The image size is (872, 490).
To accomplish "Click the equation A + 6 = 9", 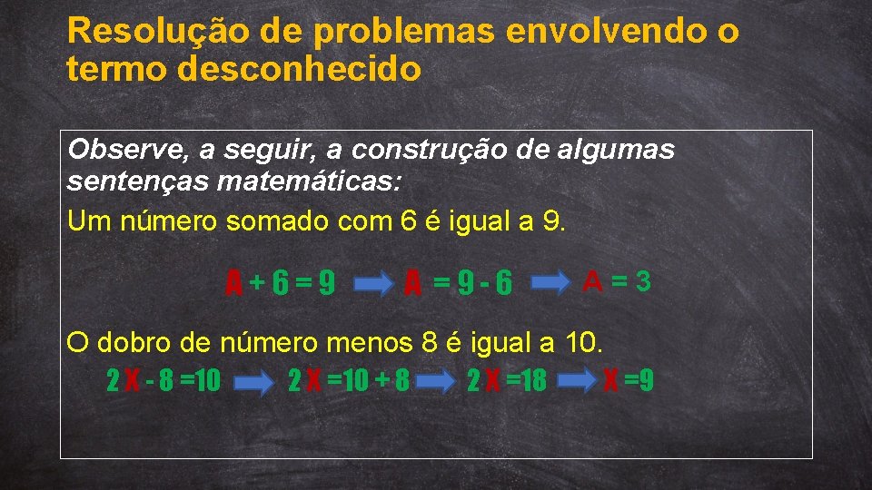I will point(281,285).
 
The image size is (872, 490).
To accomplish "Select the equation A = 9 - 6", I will point(459,285).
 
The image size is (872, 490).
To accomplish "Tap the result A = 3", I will point(618,281).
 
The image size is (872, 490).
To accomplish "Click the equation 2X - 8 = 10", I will point(163,380).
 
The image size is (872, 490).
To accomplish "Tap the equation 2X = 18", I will point(506,380).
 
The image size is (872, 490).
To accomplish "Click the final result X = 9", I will point(629,380).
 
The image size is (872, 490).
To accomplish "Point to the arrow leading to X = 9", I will point(576,380).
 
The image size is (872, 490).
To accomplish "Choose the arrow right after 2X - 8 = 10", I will point(254,381).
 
